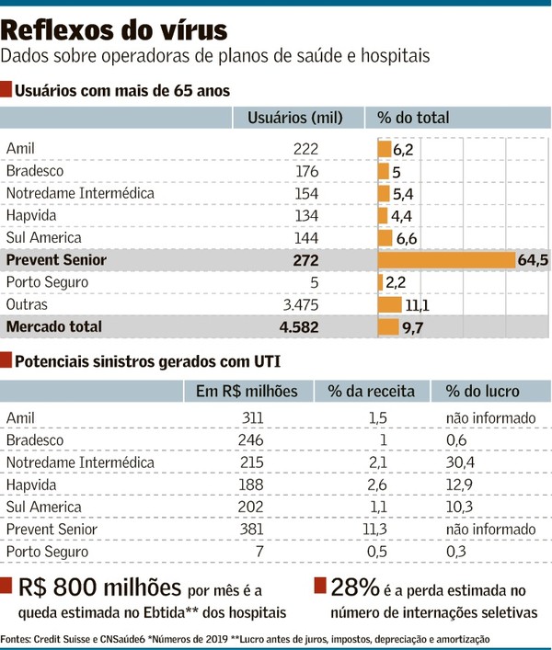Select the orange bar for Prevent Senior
click(445, 260)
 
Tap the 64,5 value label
click(534, 260)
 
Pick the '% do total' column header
click(413, 118)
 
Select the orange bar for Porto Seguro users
click(381, 282)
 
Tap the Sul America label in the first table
click(44, 238)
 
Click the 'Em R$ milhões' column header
click(247, 391)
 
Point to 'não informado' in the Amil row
click(489, 418)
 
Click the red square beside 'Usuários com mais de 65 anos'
click(6, 90)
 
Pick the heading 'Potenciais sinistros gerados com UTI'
click(147, 360)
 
